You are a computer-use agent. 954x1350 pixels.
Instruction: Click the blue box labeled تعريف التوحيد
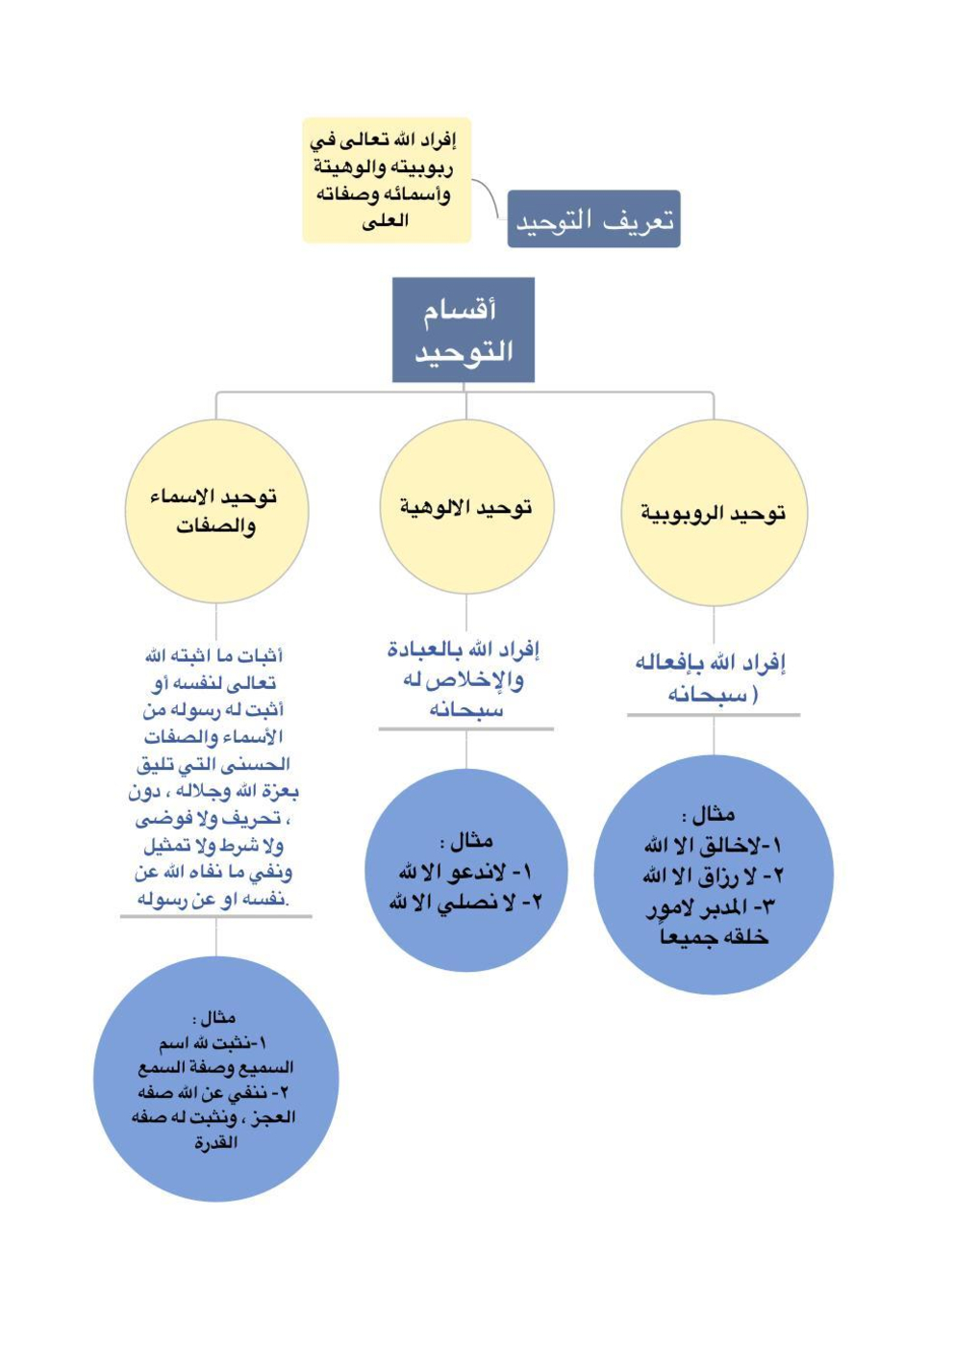click(x=593, y=219)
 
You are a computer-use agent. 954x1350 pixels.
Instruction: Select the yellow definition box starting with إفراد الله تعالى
click(x=387, y=180)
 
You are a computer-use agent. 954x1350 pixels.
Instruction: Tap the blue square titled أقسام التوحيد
click(x=463, y=330)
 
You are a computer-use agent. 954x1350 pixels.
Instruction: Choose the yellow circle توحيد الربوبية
click(x=714, y=513)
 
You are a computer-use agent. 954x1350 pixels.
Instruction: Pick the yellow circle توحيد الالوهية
click(x=466, y=507)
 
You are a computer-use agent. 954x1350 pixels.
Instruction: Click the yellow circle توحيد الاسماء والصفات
click(x=216, y=511)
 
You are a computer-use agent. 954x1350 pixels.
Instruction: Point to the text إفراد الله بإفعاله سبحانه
click(x=711, y=677)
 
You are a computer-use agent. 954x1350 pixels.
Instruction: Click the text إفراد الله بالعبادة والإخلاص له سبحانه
click(x=465, y=678)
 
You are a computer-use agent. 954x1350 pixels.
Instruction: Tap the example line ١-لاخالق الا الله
click(x=713, y=845)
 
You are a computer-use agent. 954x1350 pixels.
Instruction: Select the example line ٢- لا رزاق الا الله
click(x=713, y=876)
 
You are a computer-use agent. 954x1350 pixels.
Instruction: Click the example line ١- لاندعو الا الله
click(x=465, y=872)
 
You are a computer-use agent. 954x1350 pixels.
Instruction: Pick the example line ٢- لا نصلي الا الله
click(x=465, y=902)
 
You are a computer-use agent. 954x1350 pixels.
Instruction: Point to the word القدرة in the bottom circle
click(x=215, y=1143)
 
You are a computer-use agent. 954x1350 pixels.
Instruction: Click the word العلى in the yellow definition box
click(x=386, y=221)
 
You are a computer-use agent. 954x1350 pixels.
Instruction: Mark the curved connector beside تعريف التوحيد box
click(x=490, y=196)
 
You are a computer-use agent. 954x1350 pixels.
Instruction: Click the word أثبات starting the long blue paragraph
click(x=261, y=656)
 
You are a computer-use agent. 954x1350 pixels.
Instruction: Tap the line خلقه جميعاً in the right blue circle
click(x=713, y=936)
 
